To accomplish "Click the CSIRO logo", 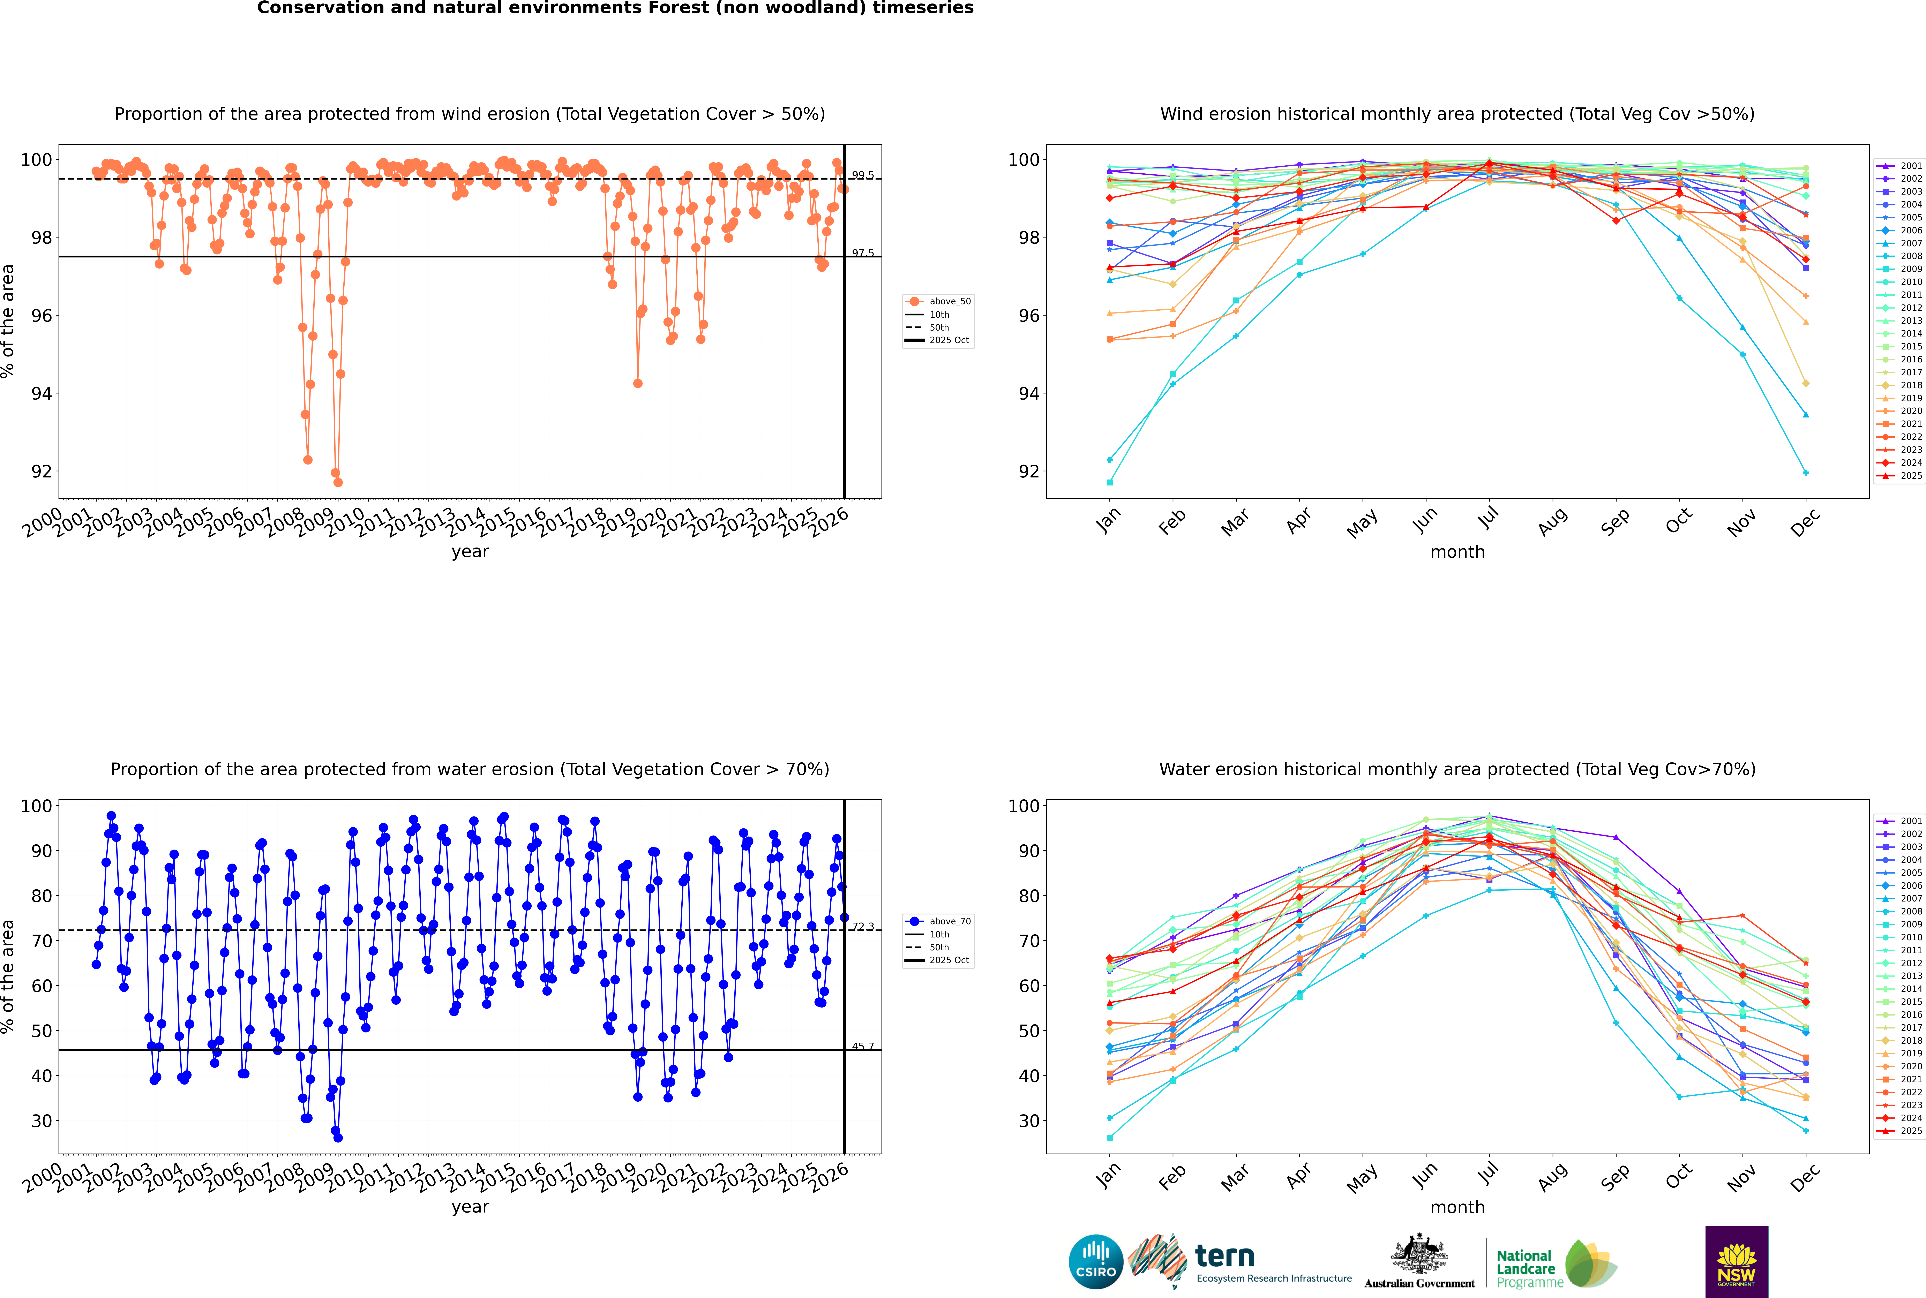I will pyautogui.click(x=1095, y=1262).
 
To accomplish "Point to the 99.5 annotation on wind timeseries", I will pyautogui.click(x=863, y=175).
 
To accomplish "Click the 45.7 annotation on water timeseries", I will pyautogui.click(x=863, y=1046).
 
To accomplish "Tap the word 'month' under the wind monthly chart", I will pyautogui.click(x=1457, y=552).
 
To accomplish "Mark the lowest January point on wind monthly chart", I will pyautogui.click(x=1110, y=483).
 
